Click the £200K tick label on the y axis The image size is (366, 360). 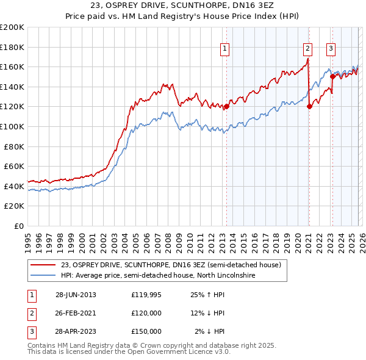click(x=13, y=27)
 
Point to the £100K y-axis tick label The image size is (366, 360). click(x=13, y=126)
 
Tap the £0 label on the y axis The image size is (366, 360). click(x=19, y=226)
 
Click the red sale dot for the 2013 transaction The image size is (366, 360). click(x=226, y=107)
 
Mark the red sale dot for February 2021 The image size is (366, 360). click(x=309, y=106)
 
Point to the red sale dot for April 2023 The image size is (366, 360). click(x=332, y=77)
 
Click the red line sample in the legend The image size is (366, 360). click(x=43, y=265)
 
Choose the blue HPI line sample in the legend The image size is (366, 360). click(x=43, y=276)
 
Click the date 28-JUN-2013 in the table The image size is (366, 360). click(x=76, y=295)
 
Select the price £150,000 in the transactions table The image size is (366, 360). click(x=146, y=331)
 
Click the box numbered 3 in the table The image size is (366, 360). click(x=30, y=331)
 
